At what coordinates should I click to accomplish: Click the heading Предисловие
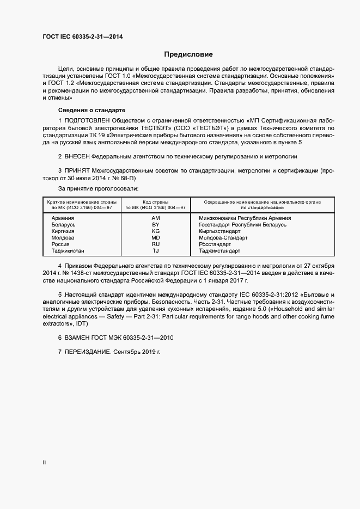(x=188, y=54)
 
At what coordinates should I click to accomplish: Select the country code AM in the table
(x=155, y=218)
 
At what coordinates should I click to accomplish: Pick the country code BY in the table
(x=155, y=224)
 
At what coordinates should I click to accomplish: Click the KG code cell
(x=155, y=231)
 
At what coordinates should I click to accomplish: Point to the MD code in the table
(x=155, y=238)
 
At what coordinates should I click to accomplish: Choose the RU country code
(x=155, y=244)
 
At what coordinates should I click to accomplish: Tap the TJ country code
(x=155, y=251)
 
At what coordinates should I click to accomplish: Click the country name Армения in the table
(x=63, y=218)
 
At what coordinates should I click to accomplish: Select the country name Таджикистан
(x=68, y=251)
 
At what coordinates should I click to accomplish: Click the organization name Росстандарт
(x=216, y=244)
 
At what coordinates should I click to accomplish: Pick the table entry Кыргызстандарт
(x=220, y=231)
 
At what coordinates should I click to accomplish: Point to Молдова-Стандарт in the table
(x=223, y=238)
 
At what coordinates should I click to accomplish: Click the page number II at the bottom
(x=44, y=463)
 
